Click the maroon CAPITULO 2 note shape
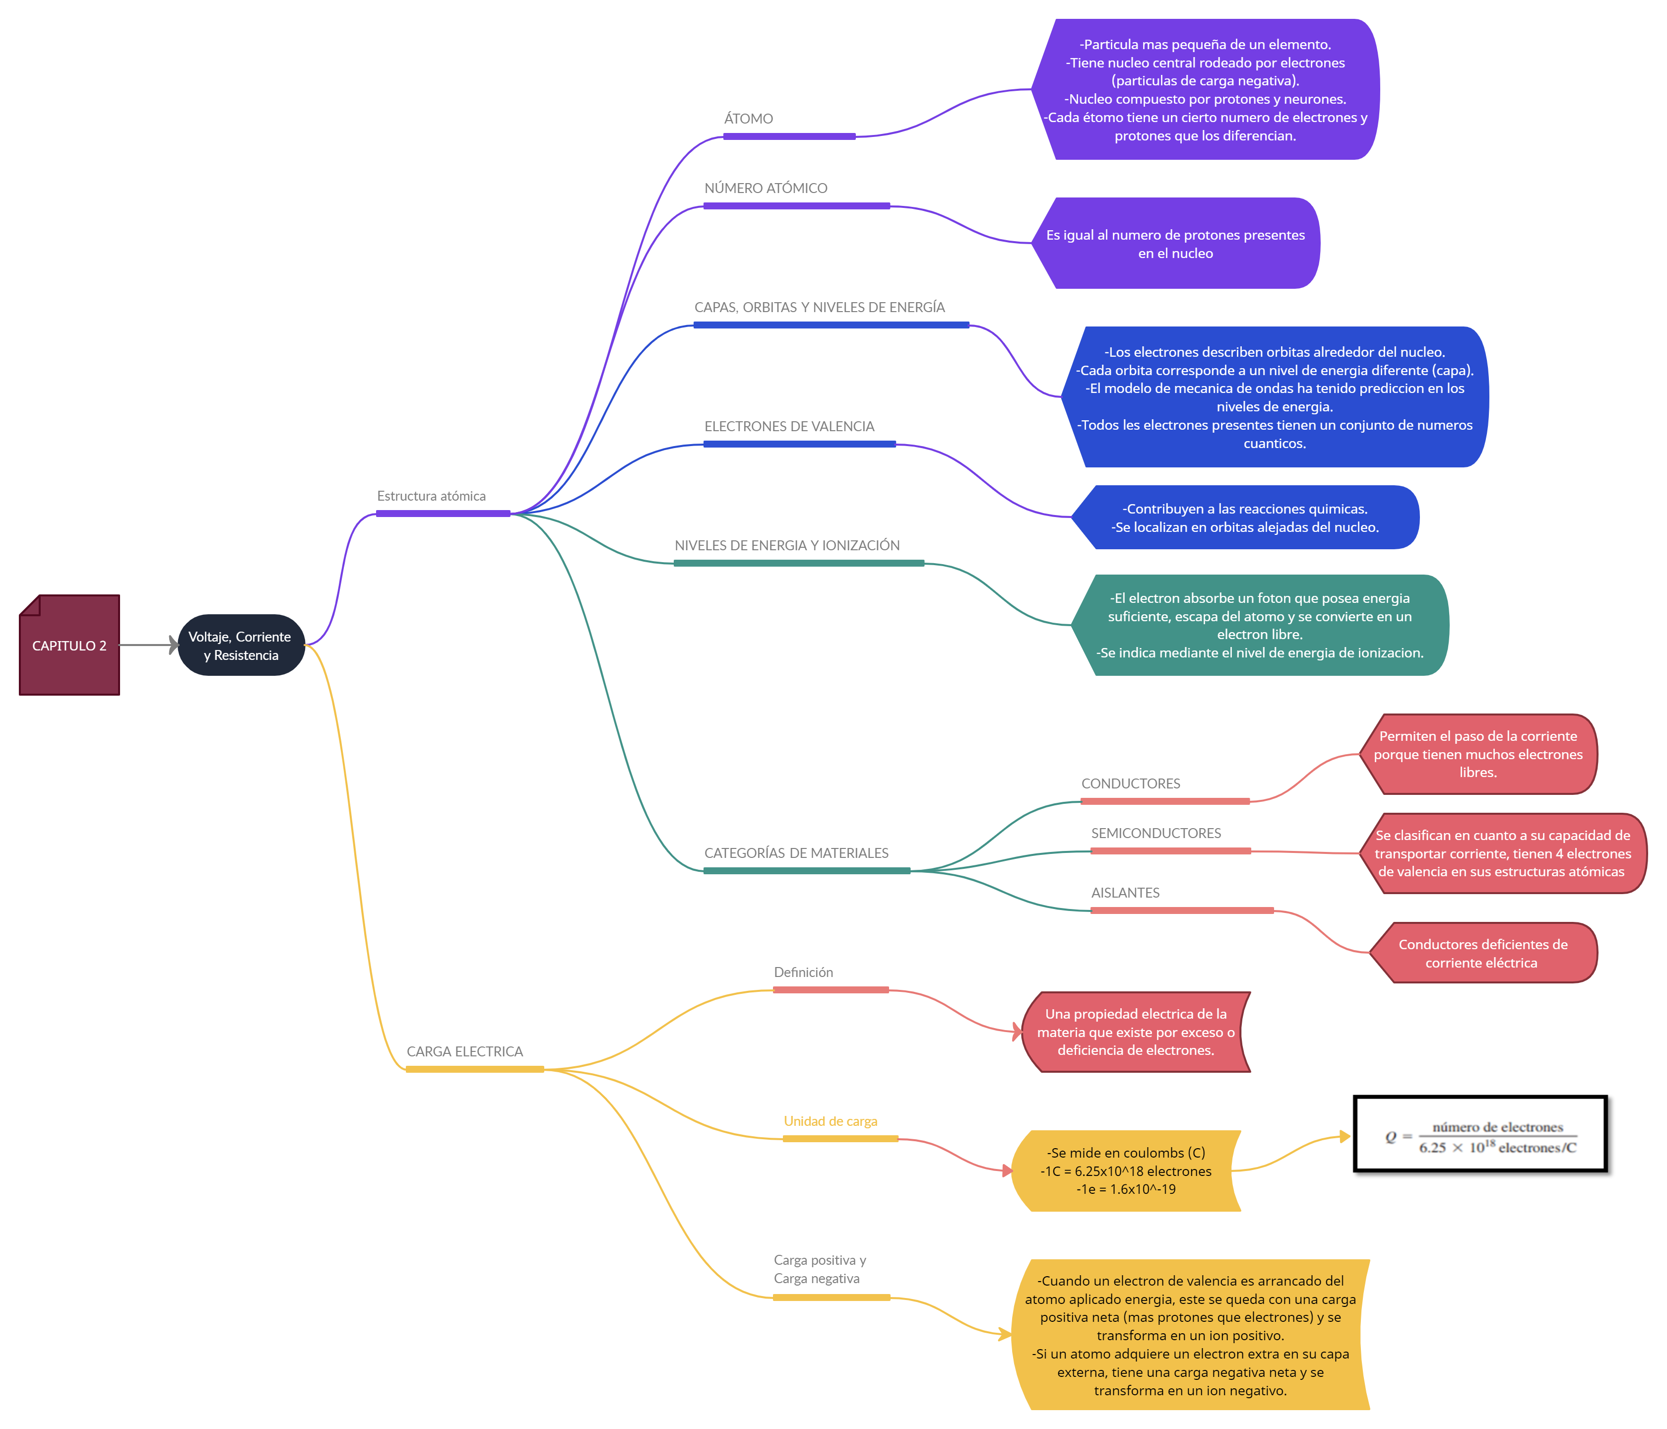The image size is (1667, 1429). [x=69, y=646]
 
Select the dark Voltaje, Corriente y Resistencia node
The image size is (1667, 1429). [x=241, y=646]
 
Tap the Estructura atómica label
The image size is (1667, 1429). [x=443, y=495]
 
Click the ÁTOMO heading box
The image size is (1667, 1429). [x=788, y=118]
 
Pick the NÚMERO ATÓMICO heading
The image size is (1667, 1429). [x=796, y=188]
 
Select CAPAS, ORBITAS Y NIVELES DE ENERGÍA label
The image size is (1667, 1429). [x=831, y=307]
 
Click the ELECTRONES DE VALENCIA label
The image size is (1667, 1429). [x=799, y=426]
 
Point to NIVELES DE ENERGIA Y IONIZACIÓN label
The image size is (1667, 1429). [x=798, y=545]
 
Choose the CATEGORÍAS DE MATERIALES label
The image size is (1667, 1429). [x=806, y=852]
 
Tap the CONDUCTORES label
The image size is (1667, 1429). [x=1164, y=783]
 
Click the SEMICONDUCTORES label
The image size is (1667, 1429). [x=1170, y=833]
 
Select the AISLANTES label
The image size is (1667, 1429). [x=1181, y=892]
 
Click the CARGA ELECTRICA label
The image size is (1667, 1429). [x=474, y=1051]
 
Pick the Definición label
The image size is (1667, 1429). [x=831, y=971]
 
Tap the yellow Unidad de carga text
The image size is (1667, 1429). [x=831, y=1121]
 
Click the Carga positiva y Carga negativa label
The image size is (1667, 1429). [x=831, y=1269]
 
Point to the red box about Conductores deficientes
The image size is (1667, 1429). [x=1483, y=953]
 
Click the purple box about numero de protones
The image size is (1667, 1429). [x=1175, y=243]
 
